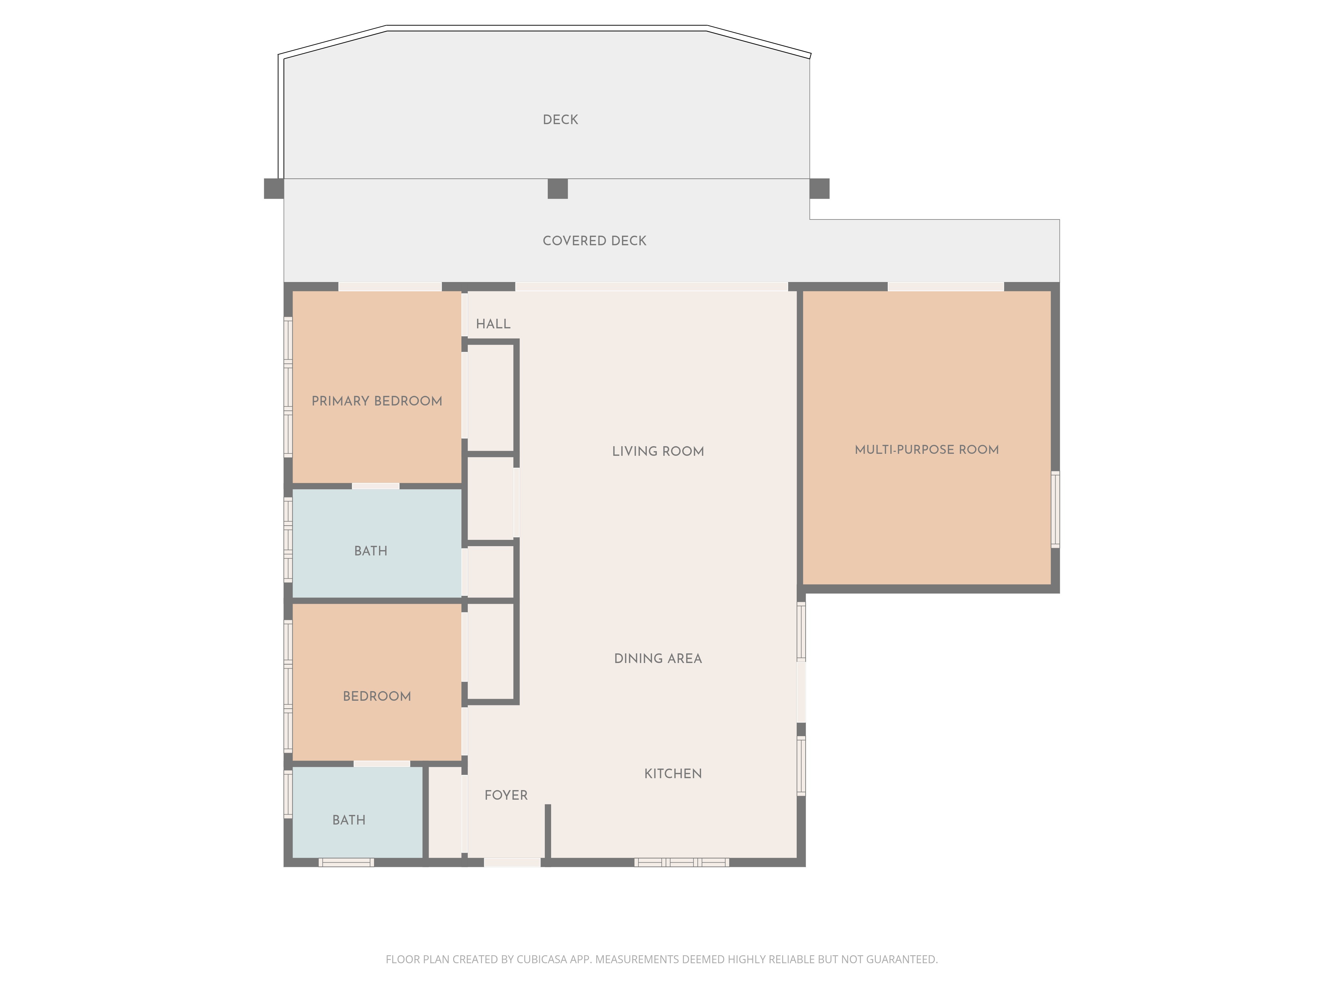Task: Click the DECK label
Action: [560, 120]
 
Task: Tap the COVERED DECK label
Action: [594, 241]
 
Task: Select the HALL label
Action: [493, 324]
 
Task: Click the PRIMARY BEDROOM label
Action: [377, 401]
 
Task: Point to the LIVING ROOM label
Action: [658, 451]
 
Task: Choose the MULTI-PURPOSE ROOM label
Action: [926, 449]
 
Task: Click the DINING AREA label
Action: [658, 658]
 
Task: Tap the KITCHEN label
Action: [673, 773]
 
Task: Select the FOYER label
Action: [506, 795]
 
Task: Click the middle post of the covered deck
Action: [557, 189]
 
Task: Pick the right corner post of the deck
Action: [820, 189]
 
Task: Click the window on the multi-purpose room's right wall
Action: [1055, 509]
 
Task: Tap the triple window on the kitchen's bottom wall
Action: [682, 863]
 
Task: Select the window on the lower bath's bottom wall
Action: [346, 863]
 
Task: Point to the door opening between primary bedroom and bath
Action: [375, 486]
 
